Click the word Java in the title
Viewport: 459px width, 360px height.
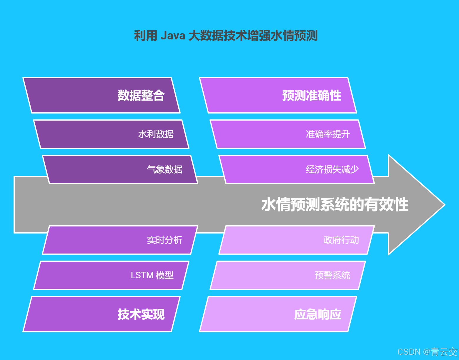(x=173, y=36)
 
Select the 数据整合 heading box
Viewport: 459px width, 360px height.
(x=102, y=95)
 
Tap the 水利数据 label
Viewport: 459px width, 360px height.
(x=156, y=134)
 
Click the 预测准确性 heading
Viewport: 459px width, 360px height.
(x=312, y=95)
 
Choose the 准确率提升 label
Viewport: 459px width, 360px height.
(x=328, y=134)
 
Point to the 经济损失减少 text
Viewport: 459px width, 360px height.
(x=332, y=169)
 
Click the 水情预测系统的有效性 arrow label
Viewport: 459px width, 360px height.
(x=335, y=204)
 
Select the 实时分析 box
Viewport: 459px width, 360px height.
(x=120, y=240)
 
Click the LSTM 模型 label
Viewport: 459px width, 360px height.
(x=152, y=275)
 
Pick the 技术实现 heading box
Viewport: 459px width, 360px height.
(x=102, y=314)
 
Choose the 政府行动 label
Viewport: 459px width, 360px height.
(x=341, y=240)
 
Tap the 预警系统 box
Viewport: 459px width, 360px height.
(x=288, y=275)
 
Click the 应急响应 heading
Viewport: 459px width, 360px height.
(x=318, y=314)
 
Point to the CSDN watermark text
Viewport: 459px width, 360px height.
(x=409, y=352)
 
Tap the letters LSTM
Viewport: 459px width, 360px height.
(x=142, y=275)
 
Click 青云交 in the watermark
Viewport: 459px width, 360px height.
(x=444, y=352)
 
